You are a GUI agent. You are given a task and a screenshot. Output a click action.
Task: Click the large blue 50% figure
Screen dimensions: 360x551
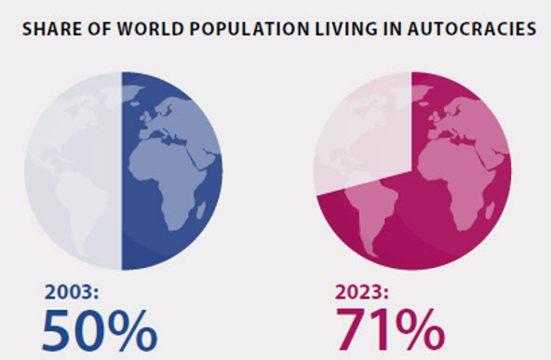click(100, 329)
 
